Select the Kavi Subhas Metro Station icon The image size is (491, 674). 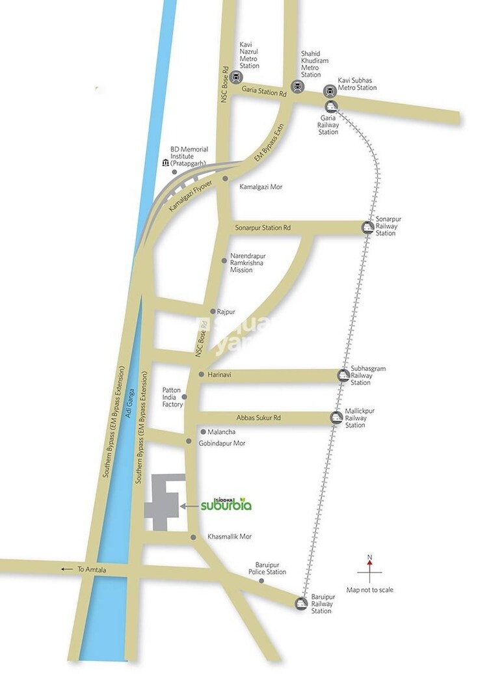[x=330, y=91]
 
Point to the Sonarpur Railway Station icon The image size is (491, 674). [x=367, y=227]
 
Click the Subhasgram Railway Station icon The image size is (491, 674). [x=343, y=375]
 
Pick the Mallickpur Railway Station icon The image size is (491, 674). [x=336, y=418]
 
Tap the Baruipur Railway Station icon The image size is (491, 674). [x=301, y=603]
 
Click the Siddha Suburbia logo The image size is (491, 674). [x=226, y=504]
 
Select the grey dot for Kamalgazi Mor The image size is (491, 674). [x=225, y=178]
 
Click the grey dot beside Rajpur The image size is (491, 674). [x=212, y=312]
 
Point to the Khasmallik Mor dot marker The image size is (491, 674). [x=193, y=537]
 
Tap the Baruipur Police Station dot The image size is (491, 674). [x=262, y=580]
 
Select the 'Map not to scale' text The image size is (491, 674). [x=370, y=590]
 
